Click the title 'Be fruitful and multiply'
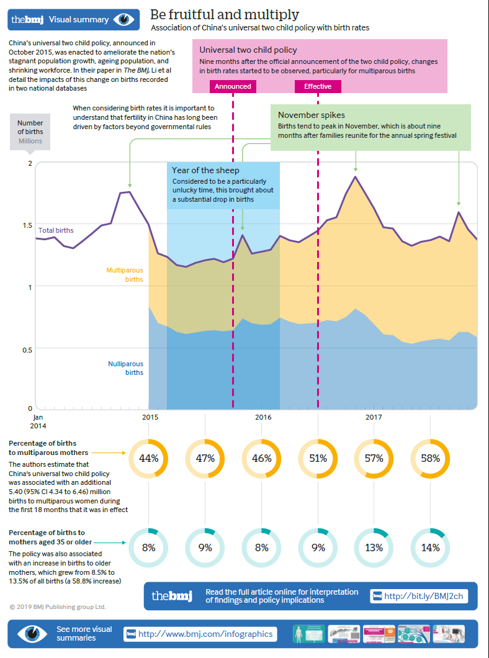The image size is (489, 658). point(224,14)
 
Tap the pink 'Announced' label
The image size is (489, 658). point(233,86)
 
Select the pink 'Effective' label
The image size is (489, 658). point(318,86)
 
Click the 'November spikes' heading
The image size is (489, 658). point(311,115)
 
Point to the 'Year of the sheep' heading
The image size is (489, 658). point(205,170)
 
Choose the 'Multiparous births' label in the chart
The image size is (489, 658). point(125,275)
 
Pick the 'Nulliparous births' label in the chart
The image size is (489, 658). point(125,368)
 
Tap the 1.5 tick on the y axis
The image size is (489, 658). point(26,225)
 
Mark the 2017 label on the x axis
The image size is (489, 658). point(373,416)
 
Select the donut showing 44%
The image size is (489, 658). point(148,459)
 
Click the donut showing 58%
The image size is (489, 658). point(430,459)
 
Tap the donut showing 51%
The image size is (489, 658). point(318,459)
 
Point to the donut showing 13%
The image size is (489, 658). point(374,548)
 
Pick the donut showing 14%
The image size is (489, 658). point(430,548)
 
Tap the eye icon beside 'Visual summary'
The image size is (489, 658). point(123,19)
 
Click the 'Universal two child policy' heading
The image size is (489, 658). point(248,50)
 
